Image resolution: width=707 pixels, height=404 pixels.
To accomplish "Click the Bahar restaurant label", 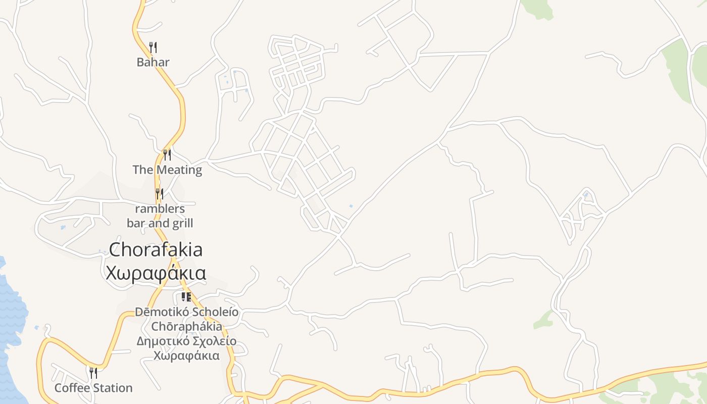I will [153, 62].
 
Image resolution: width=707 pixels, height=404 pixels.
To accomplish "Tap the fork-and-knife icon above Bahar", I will [153, 47].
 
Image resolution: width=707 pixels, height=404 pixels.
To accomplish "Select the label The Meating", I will [167, 170].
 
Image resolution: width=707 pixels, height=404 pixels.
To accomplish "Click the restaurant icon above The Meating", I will [167, 155].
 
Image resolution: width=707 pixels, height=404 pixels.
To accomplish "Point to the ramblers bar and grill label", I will [160, 216].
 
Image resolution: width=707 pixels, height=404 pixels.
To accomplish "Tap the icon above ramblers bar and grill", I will [159, 193].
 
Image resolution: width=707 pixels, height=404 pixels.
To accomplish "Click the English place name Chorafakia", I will [156, 249].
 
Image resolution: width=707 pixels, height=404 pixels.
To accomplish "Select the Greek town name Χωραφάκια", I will [156, 273].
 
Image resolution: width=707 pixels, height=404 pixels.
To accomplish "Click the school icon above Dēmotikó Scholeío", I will [186, 297].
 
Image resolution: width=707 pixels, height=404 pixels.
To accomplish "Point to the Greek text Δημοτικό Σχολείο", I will [186, 341].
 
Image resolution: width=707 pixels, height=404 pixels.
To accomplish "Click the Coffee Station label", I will [93, 388].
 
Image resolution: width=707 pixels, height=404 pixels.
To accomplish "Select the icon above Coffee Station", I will [93, 373].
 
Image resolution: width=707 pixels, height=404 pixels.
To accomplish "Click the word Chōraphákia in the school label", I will [186, 326].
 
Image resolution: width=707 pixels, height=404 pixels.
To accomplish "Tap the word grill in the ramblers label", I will [181, 223].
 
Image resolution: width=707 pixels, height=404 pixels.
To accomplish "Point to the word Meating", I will [179, 170].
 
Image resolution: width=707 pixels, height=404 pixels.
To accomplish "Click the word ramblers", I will [160, 209].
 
